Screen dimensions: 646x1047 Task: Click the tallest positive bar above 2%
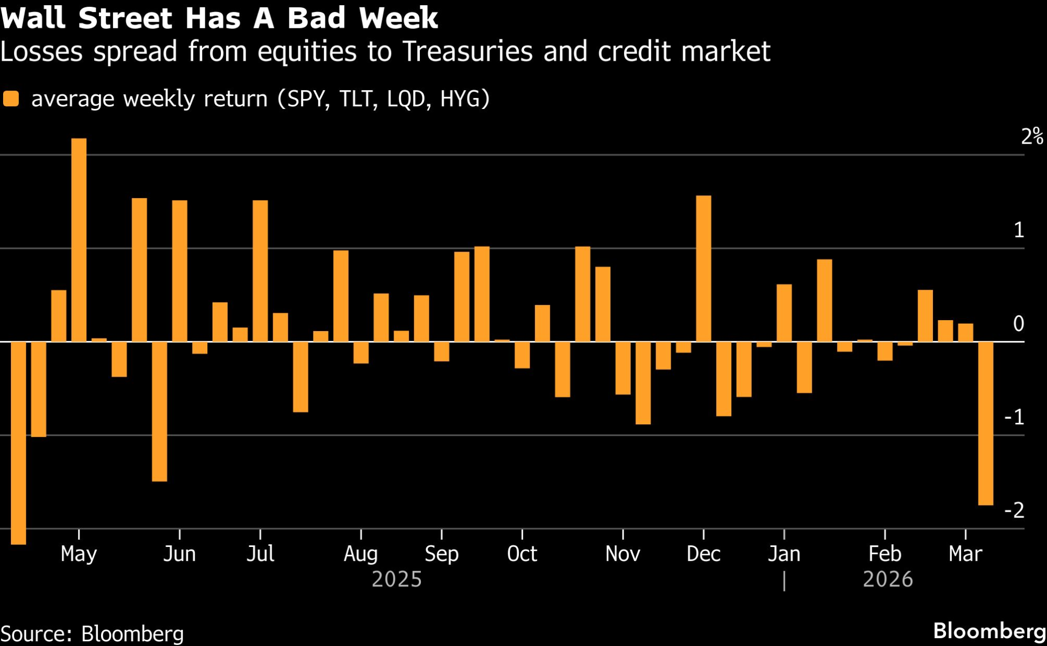point(79,239)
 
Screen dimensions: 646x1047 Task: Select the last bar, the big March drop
point(985,423)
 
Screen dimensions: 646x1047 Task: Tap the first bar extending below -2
point(18,443)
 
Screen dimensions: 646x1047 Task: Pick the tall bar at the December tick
point(703,268)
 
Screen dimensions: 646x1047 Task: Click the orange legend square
point(11,98)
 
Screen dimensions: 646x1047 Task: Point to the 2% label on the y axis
point(1032,137)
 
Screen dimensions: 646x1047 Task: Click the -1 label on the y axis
point(1014,417)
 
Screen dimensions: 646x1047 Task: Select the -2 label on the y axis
point(1014,510)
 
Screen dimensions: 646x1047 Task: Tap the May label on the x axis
point(79,554)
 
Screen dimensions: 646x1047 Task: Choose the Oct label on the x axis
point(522,554)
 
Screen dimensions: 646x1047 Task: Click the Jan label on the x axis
point(784,554)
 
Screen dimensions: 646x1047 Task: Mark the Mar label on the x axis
point(965,554)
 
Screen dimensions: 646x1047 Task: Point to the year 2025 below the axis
point(396,579)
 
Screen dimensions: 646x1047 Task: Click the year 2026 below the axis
point(888,579)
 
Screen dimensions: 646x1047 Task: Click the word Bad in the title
point(316,18)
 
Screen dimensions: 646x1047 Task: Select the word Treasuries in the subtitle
point(467,51)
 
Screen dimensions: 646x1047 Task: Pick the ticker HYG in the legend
point(464,98)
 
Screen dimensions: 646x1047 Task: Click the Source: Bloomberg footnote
point(92,633)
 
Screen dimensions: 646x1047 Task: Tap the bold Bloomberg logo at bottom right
point(989,631)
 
